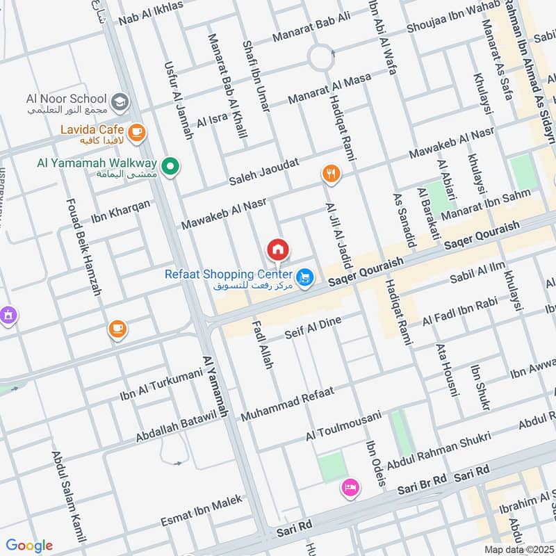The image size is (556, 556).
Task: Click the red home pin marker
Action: [x=278, y=249]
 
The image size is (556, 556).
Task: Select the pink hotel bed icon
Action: [x=350, y=489]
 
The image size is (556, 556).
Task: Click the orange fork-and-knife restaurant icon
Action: [x=332, y=174]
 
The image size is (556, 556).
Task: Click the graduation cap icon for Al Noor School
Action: [x=120, y=101]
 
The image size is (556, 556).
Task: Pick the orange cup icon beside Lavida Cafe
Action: [x=137, y=131]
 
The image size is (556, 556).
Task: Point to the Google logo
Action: [x=29, y=546]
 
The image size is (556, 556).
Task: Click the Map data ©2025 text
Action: [x=518, y=549]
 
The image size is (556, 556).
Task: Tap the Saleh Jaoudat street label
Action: [x=264, y=172]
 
